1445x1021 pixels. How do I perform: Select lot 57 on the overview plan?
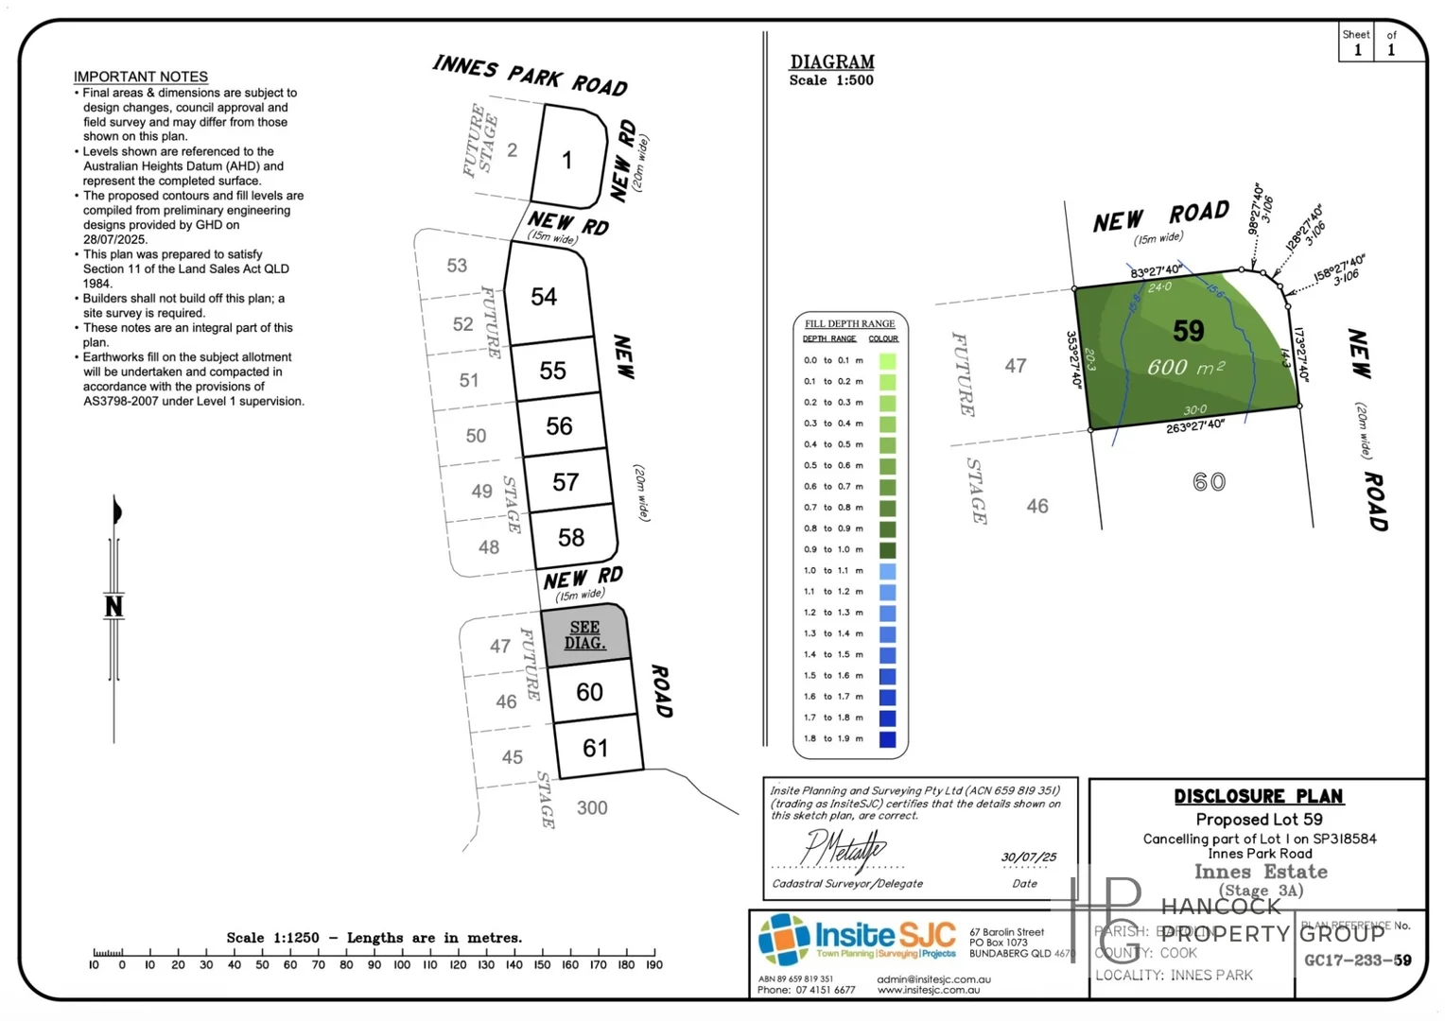(566, 482)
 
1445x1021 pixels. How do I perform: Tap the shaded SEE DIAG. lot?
(585, 635)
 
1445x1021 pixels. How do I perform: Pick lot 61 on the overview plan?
(596, 749)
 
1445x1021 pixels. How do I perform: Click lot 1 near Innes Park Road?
(567, 160)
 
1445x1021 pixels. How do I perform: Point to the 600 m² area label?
(1186, 367)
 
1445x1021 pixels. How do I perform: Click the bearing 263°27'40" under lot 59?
(1195, 427)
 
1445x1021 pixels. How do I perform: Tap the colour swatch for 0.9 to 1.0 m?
(887, 549)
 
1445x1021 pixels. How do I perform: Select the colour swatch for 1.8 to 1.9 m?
(887, 739)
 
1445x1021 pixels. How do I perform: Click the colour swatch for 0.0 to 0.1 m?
(887, 360)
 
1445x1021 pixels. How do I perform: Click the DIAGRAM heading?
(832, 62)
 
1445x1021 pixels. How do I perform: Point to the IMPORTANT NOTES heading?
(141, 77)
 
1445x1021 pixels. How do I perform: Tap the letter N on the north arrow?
(113, 606)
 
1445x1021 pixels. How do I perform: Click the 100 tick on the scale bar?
(402, 964)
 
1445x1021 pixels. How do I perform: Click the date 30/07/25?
(1029, 857)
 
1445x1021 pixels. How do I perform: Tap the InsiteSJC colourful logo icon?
(784, 940)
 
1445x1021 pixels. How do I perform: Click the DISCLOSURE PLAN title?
(1259, 796)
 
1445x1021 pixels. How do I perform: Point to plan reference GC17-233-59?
(1358, 960)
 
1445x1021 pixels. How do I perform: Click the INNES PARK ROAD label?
(531, 76)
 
